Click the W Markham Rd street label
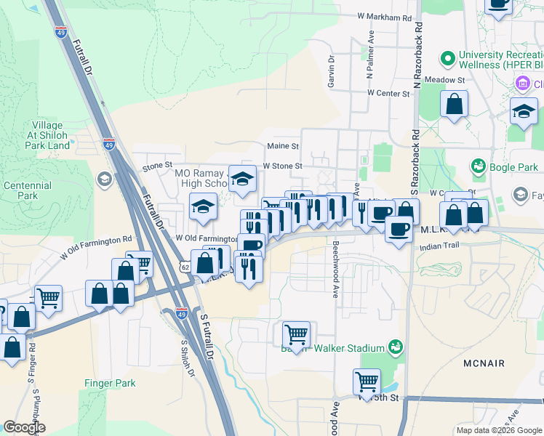click(385, 16)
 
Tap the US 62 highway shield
click(185, 267)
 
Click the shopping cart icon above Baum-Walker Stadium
click(296, 334)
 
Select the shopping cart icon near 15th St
click(367, 381)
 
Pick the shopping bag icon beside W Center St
click(454, 104)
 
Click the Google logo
click(24, 427)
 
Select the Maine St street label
click(283, 146)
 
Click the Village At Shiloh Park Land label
click(49, 135)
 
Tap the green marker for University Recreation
click(447, 57)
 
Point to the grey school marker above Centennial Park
click(104, 179)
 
